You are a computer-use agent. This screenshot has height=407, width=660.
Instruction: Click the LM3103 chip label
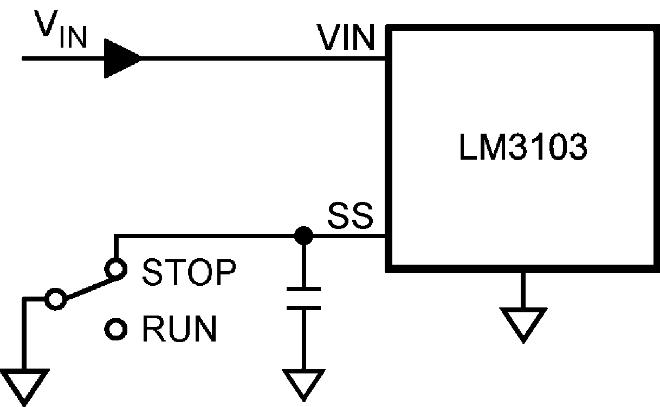(522, 148)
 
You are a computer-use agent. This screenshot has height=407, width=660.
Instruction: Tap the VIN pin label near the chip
(346, 38)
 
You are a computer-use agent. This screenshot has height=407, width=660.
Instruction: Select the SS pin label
(350, 216)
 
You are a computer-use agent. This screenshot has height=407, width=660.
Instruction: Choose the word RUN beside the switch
(179, 329)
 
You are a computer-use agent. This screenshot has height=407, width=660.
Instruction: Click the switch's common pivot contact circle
(55, 299)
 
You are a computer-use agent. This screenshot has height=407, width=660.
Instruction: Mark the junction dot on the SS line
(303, 236)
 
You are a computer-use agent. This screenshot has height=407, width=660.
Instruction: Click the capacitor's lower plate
(303, 307)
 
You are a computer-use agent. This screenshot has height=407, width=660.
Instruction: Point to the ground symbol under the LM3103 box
(523, 324)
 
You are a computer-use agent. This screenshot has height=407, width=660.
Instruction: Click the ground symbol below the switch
(24, 385)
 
